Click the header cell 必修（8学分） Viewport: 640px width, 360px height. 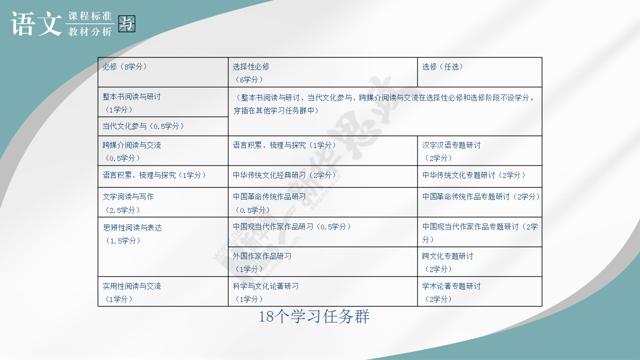tap(163, 72)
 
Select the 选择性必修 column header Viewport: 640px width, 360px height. tap(323, 72)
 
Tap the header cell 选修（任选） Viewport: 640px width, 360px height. tap(479, 72)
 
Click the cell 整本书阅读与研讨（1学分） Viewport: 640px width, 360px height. tap(163, 102)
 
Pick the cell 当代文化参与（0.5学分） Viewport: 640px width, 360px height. tap(163, 126)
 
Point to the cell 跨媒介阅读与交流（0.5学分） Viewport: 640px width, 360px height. tap(163, 151)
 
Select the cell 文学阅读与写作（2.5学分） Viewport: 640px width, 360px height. tap(163, 202)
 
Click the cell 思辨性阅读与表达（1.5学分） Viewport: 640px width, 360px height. tap(163, 247)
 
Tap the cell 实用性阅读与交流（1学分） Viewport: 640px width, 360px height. tap(163, 291)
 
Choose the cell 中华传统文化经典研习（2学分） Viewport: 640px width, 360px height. tap(323, 176)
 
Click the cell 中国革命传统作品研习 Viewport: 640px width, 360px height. tap(323, 202)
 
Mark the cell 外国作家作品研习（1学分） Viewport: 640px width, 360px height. tap(323, 261)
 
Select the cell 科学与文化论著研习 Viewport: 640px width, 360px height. tap(323, 291)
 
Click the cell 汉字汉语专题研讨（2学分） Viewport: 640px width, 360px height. tap(479, 151)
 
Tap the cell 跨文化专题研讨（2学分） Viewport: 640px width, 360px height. tap(479, 261)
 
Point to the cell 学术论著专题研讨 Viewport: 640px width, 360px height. tap(479, 291)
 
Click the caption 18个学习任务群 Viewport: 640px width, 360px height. tap(314, 316)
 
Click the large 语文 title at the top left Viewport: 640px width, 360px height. tap(36, 23)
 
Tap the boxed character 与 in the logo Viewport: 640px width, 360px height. tap(126, 23)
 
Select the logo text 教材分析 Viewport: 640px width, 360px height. tap(89, 31)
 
